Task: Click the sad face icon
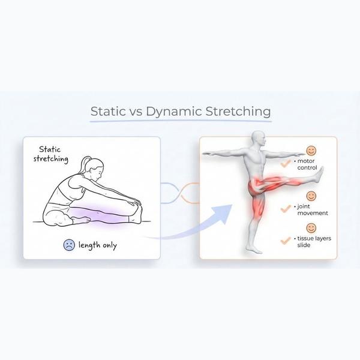69,244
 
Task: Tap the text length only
98,245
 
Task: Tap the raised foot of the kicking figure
321,175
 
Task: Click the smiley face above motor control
311,151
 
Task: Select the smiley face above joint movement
311,196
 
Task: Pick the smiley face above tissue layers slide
311,228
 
